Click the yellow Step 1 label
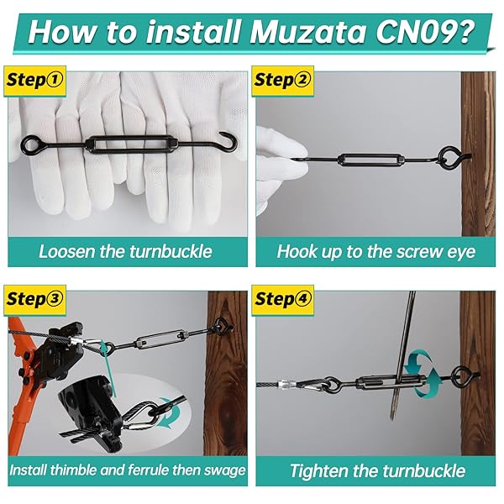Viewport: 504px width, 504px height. pos(34,81)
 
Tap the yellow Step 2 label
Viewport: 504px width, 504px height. pos(282,81)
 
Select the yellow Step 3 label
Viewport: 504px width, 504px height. pos(34,300)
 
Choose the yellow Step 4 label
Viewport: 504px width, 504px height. pos(282,300)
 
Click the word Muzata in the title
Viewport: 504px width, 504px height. pos(308,33)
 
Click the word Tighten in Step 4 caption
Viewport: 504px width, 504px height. pos(318,471)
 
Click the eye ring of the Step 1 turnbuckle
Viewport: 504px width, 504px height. pos(29,144)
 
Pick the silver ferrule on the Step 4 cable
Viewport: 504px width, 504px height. pos(285,385)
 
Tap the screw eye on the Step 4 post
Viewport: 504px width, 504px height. pos(464,375)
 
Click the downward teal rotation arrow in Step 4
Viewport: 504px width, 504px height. pos(412,363)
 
